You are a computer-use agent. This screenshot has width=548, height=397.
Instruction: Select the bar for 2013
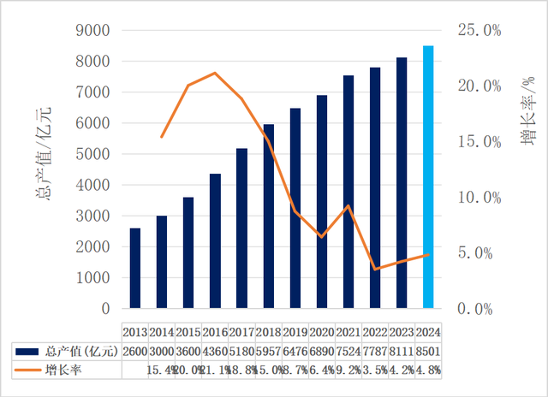click(135, 268)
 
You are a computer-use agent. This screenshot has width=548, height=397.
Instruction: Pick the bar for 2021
click(348, 192)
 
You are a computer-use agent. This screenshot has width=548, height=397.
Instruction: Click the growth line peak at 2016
click(215, 73)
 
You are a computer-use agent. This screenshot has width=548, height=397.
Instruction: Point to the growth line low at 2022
click(375, 270)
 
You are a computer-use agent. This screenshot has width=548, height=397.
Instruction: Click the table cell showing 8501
click(429, 351)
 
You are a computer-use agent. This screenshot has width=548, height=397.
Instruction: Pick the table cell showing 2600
click(136, 351)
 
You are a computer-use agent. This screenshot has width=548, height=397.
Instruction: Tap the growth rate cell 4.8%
click(429, 370)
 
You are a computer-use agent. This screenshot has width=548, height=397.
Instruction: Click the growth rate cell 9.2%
click(348, 370)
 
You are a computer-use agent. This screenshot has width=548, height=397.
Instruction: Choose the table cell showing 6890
click(322, 351)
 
